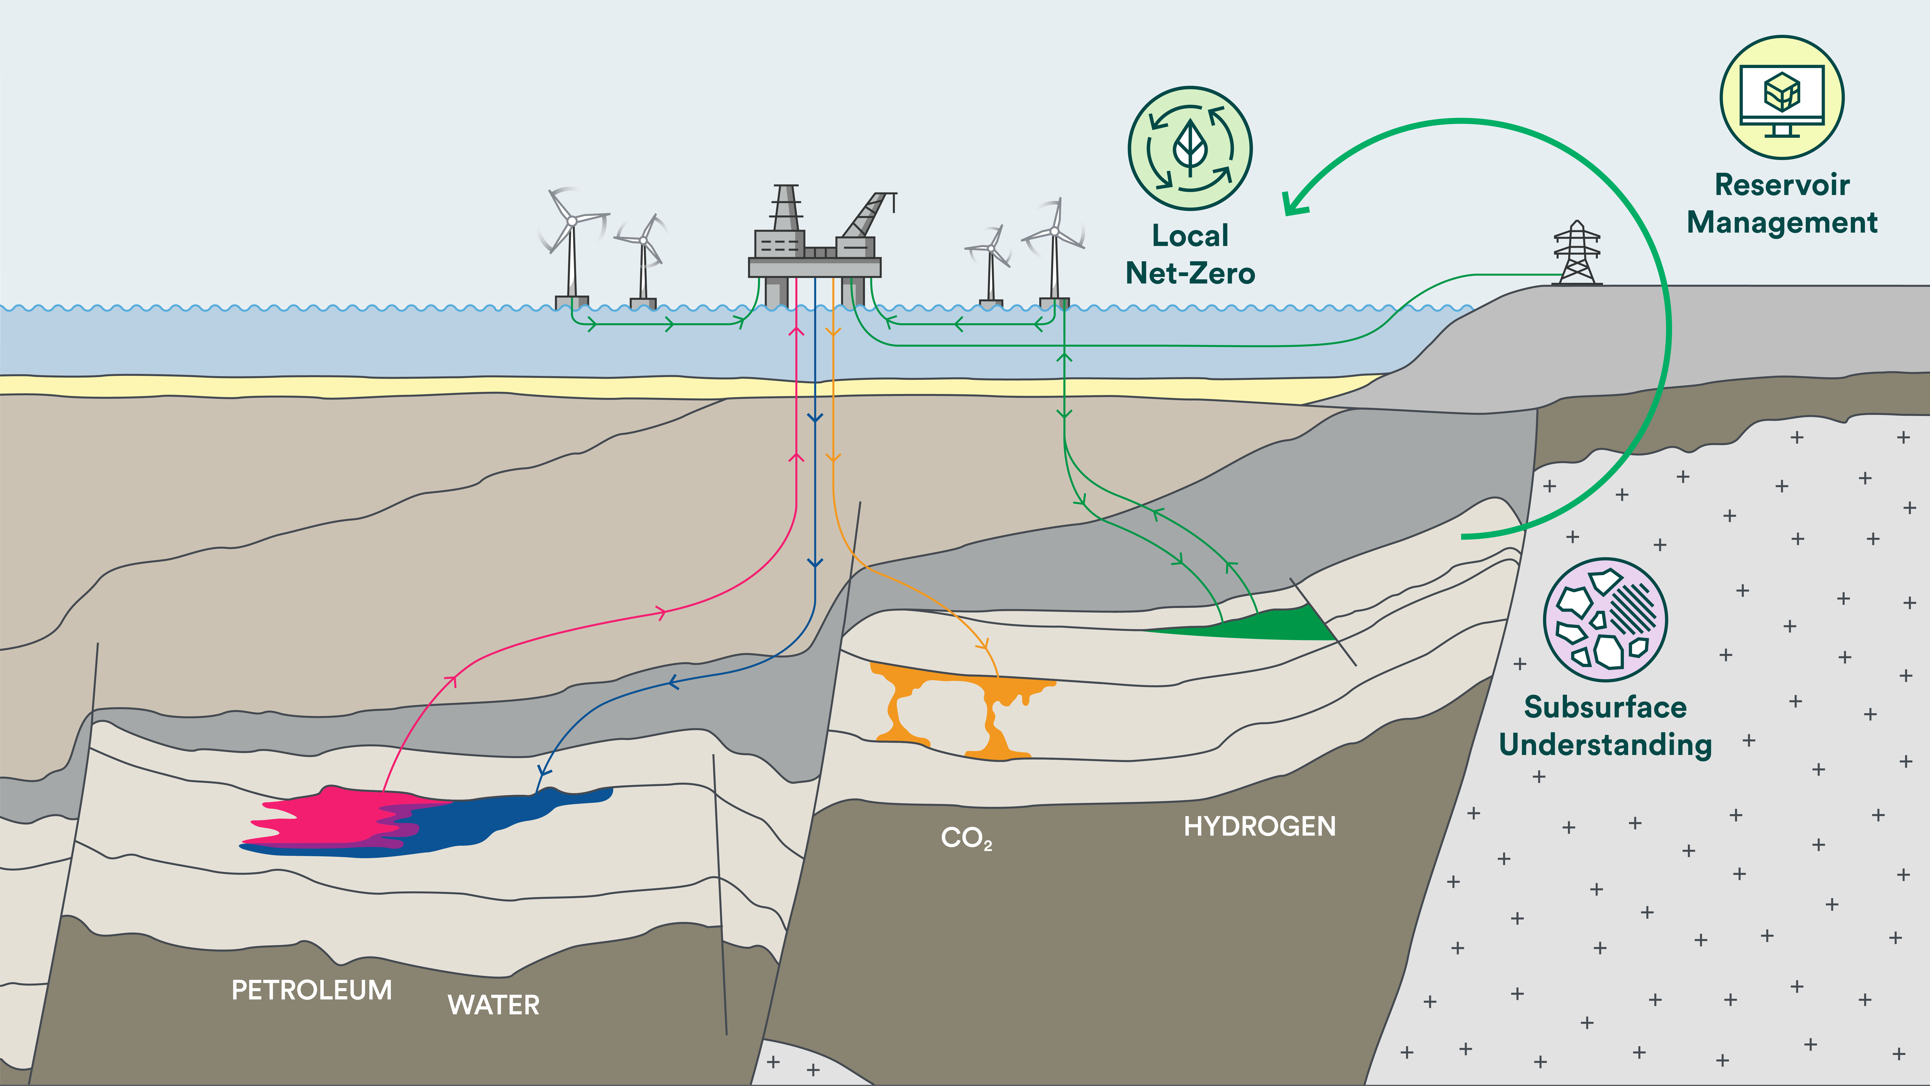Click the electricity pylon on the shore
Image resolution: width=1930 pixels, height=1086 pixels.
coord(1577,253)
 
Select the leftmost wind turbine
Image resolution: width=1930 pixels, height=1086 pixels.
coord(572,247)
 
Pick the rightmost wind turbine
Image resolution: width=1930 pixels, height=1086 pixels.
coord(1054,251)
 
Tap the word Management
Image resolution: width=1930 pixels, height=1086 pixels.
coord(1782,223)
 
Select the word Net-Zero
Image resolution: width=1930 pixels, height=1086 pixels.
coord(1190,273)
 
